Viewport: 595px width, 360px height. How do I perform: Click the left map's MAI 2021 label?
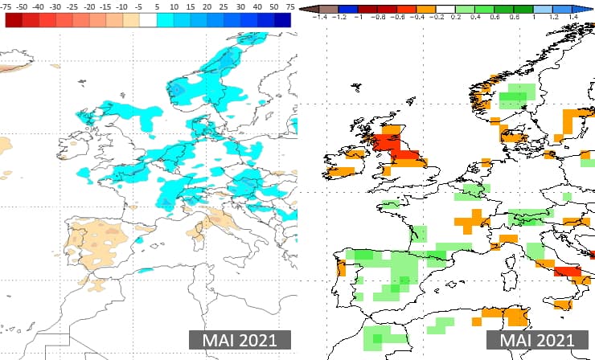238,340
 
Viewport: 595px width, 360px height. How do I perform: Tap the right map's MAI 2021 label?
537,340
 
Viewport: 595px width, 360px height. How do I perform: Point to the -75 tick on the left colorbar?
8,6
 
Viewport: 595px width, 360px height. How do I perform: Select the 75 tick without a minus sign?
289,6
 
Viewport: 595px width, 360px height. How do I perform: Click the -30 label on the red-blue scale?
55,6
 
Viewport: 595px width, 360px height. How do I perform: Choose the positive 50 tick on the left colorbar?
273,6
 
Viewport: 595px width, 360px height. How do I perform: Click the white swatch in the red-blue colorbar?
148,20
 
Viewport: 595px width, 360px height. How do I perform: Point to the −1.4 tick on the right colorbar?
322,15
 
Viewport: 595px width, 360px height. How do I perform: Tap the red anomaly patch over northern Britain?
396,147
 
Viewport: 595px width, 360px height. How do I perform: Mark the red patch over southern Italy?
568,271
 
